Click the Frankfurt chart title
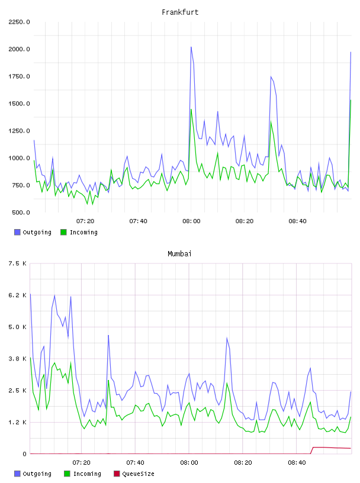click(180, 12)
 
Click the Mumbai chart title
click(179, 253)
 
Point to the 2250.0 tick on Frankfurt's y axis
click(19, 22)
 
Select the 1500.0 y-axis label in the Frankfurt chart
click(19, 104)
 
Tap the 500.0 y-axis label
click(21, 212)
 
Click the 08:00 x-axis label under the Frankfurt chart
click(191, 221)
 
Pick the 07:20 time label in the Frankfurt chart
click(85, 221)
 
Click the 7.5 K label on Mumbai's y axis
click(18, 263)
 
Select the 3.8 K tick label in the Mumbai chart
click(18, 359)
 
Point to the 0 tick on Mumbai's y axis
click(24, 454)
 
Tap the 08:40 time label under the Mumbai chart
click(297, 462)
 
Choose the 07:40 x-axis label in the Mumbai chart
click(136, 462)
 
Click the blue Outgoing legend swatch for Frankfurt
click(17, 232)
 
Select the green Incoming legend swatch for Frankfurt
click(63, 232)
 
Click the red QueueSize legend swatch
click(117, 474)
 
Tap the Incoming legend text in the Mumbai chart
click(87, 474)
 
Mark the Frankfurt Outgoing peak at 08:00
click(191, 47)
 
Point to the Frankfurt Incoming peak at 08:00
click(191, 110)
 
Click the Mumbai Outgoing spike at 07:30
click(108, 335)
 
